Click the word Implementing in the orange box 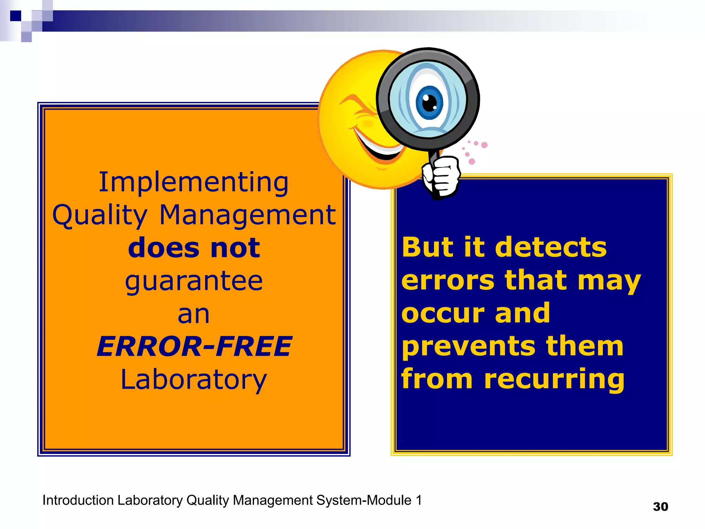pyautogui.click(x=193, y=182)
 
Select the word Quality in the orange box pyautogui.click(x=100, y=215)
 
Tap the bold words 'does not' pyautogui.click(x=194, y=248)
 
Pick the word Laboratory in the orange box pyautogui.click(x=194, y=380)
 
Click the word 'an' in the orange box pyautogui.click(x=193, y=314)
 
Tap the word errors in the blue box pyautogui.click(x=448, y=280)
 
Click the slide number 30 pyautogui.click(x=660, y=507)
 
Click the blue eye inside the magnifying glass pyautogui.click(x=429, y=102)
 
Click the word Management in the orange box pyautogui.click(x=248, y=215)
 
